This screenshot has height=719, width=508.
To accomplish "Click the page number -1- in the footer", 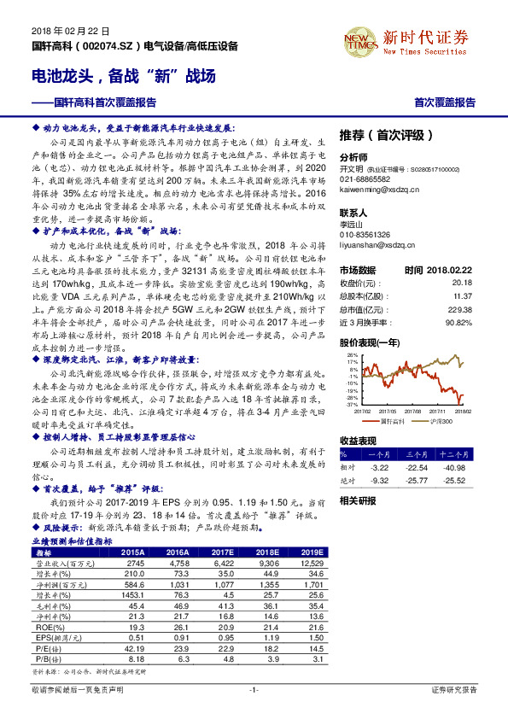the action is tap(254, 689).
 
